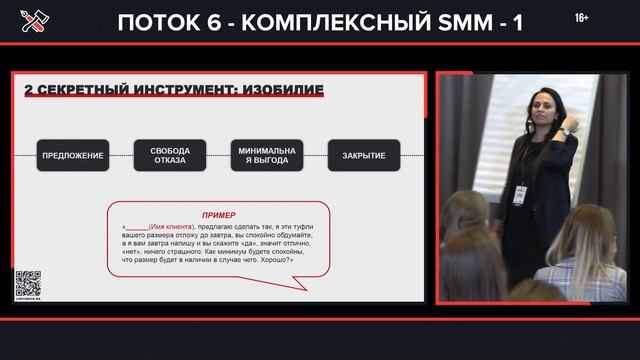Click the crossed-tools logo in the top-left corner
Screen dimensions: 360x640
[x=27, y=22]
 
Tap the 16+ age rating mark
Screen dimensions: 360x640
[x=582, y=19]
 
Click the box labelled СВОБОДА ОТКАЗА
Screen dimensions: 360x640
[x=169, y=155]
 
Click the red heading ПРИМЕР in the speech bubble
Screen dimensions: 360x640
[x=219, y=215]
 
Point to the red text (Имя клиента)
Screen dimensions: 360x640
[x=177, y=226]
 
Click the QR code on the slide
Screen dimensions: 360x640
[x=27, y=284]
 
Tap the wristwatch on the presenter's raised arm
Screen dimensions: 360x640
[x=566, y=131]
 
